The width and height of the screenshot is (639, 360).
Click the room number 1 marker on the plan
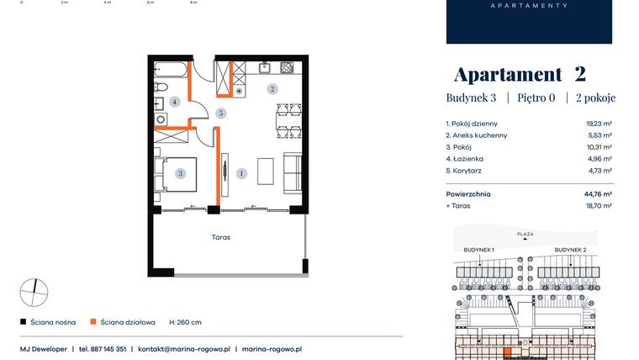[x=242, y=174]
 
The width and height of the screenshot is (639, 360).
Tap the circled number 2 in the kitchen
[x=272, y=88]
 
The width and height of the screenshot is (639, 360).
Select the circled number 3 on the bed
[x=180, y=174]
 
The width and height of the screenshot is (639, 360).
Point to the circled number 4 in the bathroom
[x=175, y=102]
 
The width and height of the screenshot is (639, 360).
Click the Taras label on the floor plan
[x=221, y=237]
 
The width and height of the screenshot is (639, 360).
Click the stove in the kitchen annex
[x=287, y=67]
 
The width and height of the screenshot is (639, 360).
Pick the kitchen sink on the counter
[x=264, y=67]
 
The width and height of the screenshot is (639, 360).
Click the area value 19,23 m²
[x=598, y=123]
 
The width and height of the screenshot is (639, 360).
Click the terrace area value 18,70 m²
[x=598, y=205]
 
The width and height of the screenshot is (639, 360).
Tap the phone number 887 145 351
[x=108, y=348]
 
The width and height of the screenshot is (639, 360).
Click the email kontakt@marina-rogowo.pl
[x=182, y=348]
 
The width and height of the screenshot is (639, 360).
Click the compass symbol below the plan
[x=34, y=292]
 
